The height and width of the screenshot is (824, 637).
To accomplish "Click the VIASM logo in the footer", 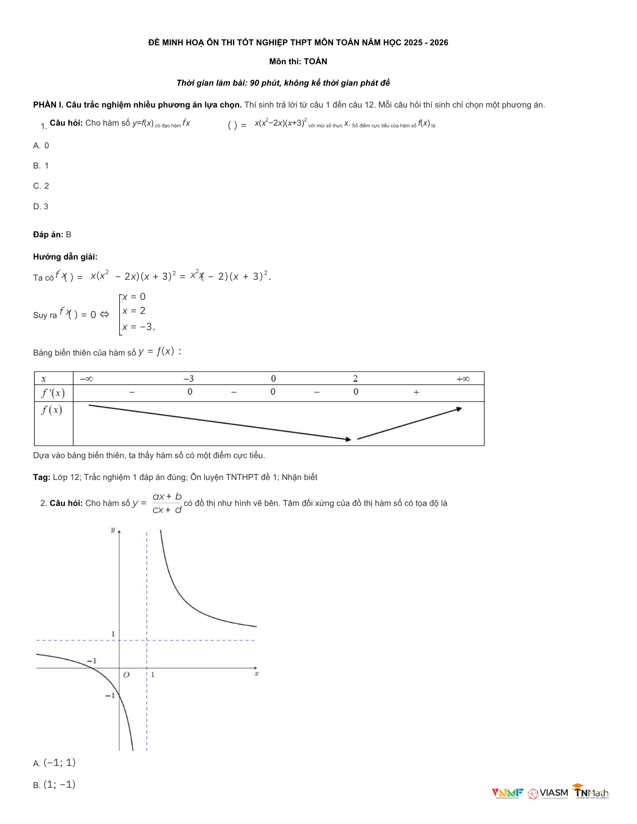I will (548, 793).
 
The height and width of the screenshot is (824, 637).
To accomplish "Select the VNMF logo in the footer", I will (507, 793).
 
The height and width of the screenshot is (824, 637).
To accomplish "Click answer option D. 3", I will (41, 206).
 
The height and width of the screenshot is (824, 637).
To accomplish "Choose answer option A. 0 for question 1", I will (41, 145).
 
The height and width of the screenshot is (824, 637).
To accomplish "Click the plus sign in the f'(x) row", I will (416, 392).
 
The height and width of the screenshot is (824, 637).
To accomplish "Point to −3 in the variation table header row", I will (188, 379).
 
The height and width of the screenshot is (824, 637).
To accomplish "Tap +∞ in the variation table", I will (463, 379).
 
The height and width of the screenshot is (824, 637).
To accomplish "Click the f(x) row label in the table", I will (52, 410).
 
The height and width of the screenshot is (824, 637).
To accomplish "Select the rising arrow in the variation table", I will (409, 424).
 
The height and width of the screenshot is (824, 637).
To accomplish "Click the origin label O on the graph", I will (126, 675).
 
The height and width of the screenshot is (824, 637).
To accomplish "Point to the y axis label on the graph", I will (113, 530).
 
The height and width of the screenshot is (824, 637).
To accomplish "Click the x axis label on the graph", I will (256, 674).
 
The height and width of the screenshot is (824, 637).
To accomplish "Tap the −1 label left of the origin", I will (92, 661).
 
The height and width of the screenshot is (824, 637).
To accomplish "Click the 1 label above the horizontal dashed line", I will (113, 634).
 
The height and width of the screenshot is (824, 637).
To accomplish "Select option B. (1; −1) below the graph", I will (54, 784).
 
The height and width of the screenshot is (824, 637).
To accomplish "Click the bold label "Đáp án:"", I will (48, 234).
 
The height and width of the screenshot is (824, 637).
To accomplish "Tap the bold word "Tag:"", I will (42, 477).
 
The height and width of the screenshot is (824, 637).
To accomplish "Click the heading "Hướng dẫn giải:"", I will (65, 257).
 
